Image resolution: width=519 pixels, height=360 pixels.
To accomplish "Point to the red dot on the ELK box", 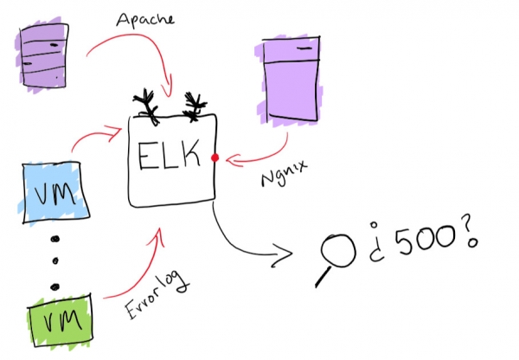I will [215, 158].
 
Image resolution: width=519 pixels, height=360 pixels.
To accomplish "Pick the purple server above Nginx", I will [292, 80].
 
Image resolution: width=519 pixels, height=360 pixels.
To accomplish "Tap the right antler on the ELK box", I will [196, 104].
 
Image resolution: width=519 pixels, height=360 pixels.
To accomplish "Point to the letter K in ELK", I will [195, 159].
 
